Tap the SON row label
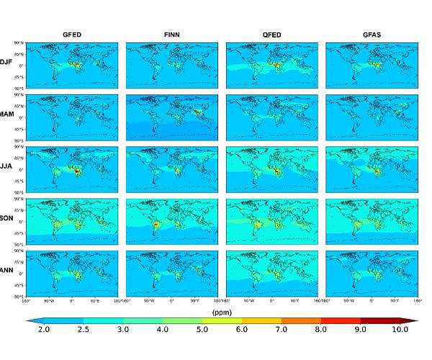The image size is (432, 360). point(7,220)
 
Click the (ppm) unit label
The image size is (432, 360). point(220,312)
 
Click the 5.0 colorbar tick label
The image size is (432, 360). point(202,330)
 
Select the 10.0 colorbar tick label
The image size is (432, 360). point(400,330)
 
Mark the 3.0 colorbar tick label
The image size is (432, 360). point(122,330)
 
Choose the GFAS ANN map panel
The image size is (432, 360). point(371,273)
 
